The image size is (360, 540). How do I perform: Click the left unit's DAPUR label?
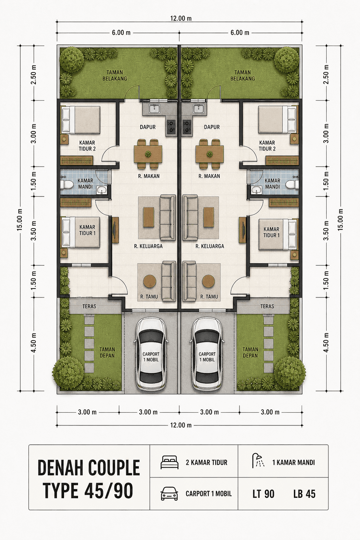pos(148,127)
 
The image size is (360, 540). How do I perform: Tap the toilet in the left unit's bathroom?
pos(66,185)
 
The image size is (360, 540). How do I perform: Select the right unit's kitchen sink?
pos(199,109)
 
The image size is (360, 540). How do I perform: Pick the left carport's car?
pos(151,354)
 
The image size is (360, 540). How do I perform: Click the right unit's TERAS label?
pos(267,307)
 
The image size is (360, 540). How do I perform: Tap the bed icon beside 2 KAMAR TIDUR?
pos(169,462)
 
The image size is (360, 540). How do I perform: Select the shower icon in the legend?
pos(258,461)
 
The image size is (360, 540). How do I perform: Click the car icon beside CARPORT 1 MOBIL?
pos(169,494)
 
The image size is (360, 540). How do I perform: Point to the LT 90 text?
pos(264,494)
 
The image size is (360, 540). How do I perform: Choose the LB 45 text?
pos(304,494)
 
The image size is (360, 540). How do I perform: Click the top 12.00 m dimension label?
pos(181,18)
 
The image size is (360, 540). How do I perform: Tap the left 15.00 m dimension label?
pos(20,220)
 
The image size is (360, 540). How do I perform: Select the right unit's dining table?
pos(210,154)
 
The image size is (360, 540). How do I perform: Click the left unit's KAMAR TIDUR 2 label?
pos(87,146)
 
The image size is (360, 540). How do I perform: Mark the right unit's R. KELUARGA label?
pos(210,246)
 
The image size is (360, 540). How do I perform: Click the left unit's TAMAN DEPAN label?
pos(107,353)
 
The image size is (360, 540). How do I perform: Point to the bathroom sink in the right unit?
pos(255,190)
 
